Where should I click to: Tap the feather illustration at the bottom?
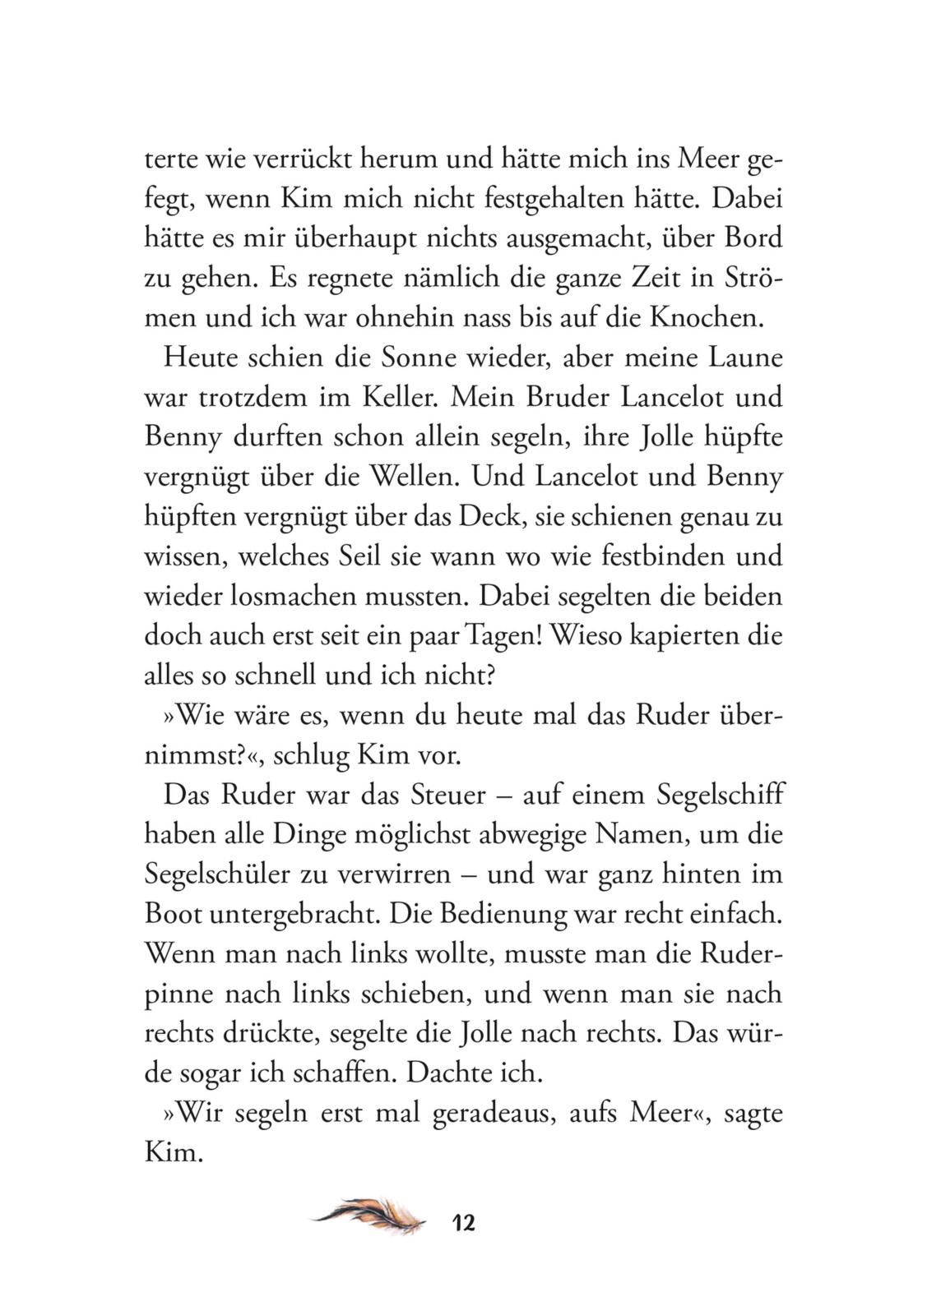[x=369, y=1214]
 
